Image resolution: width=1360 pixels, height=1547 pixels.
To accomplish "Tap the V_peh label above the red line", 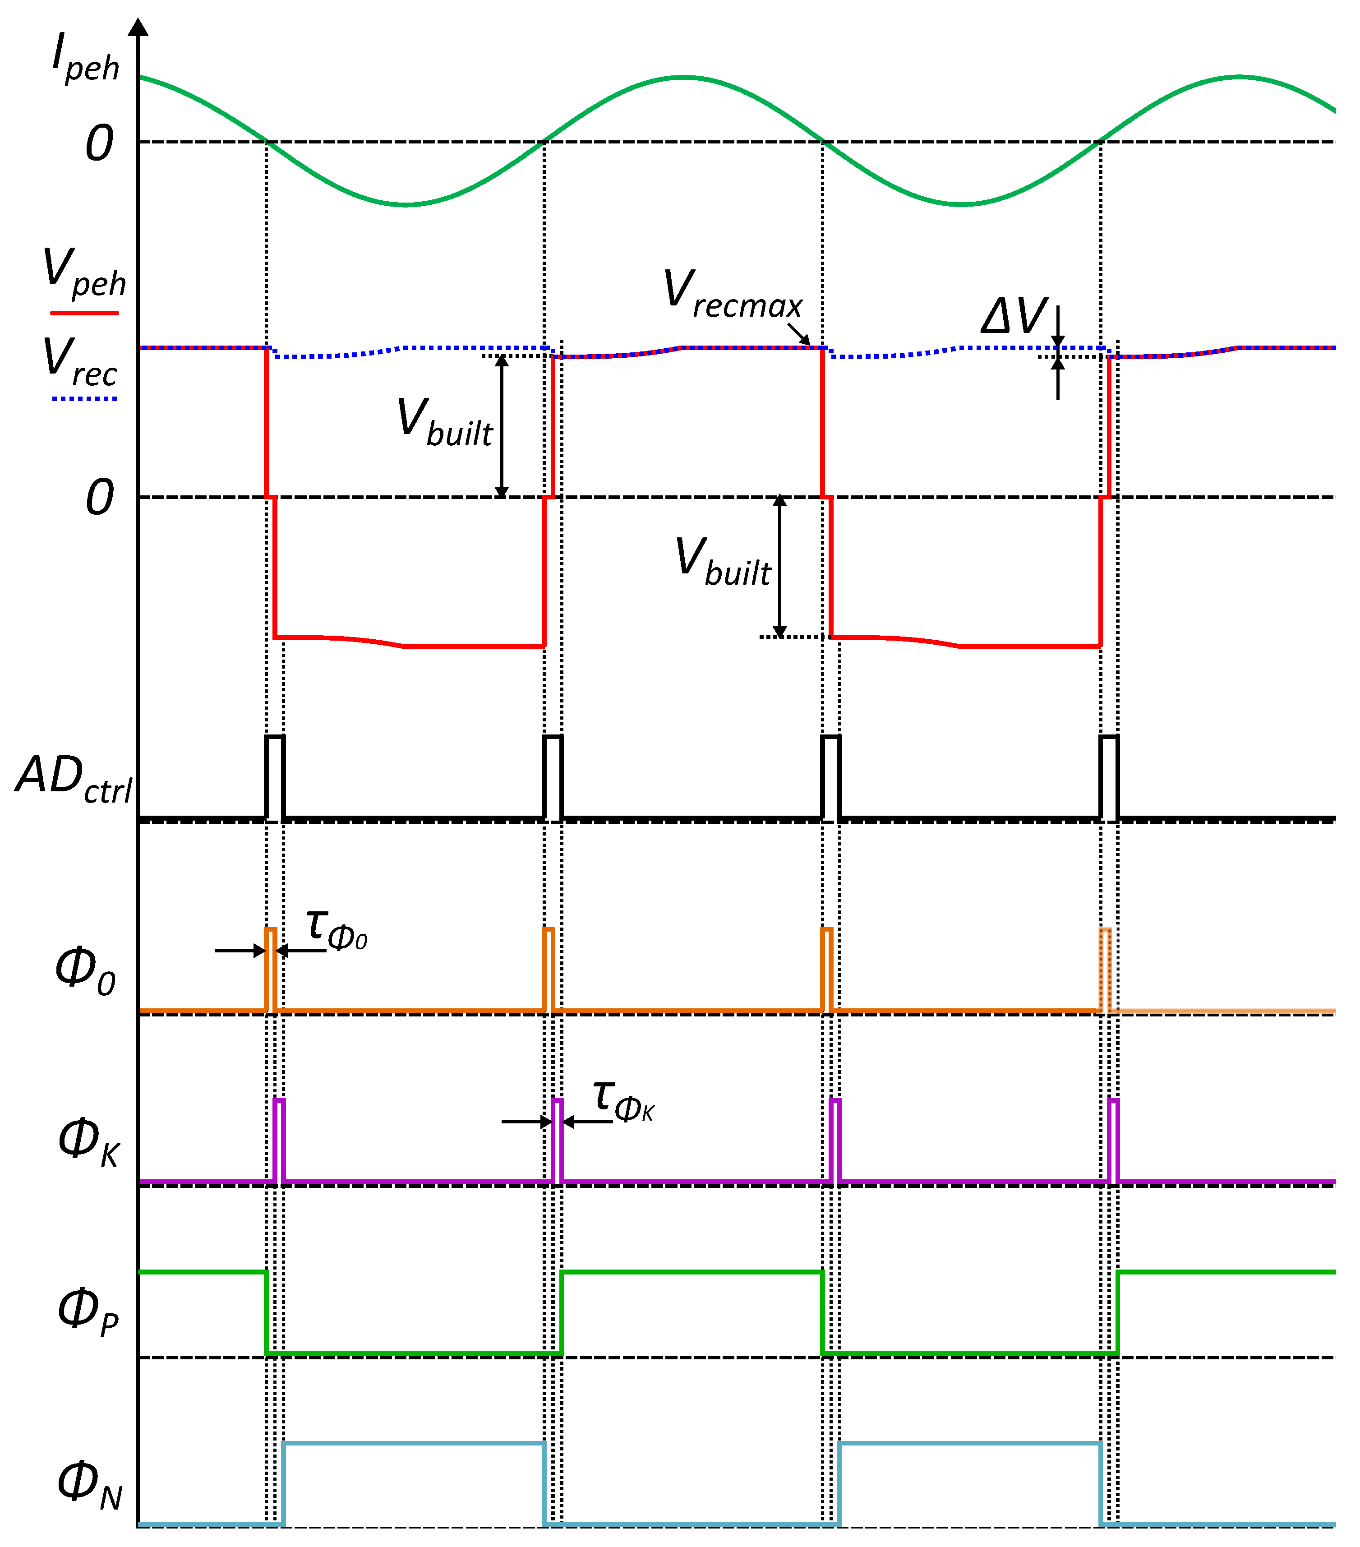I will point(83,272).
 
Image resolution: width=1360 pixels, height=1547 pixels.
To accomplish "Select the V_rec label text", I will point(79,362).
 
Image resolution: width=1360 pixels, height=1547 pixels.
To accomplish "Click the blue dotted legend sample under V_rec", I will point(84,398).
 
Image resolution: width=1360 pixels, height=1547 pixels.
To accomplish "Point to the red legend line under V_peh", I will point(84,312).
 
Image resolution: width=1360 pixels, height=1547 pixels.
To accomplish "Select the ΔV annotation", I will point(1014,316).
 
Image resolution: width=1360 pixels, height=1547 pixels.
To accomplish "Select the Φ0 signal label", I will point(85,973).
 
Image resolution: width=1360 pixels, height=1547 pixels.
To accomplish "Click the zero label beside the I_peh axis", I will point(99,143).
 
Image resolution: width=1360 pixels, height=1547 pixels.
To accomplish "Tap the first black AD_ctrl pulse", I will point(275,776).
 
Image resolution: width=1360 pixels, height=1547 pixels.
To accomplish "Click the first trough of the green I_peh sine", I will point(406,204).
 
